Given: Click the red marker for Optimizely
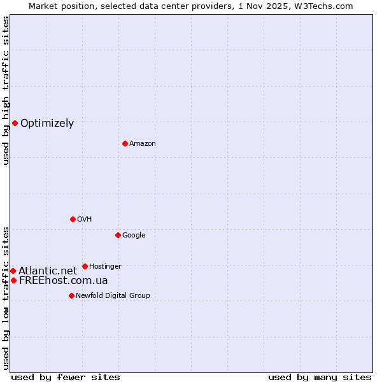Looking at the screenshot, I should [x=15, y=123].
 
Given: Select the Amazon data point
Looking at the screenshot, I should [x=125, y=143].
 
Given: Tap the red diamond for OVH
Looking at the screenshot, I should [x=73, y=219].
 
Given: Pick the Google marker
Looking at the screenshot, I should [x=118, y=235].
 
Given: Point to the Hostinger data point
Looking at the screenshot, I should [x=85, y=266].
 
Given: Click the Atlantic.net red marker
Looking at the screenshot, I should [x=13, y=271].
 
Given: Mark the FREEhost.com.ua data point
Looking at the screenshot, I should [x=13, y=280].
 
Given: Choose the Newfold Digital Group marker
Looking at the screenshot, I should [x=71, y=295].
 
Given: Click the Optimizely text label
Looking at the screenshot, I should [x=47, y=124].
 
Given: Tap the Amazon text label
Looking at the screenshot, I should [x=143, y=144].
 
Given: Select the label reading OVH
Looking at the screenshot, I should [x=85, y=220].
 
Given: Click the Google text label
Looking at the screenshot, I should [x=134, y=236].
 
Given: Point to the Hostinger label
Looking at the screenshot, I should [x=105, y=267].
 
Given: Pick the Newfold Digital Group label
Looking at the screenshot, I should [x=113, y=296].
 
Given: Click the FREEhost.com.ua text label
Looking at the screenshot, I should [x=63, y=281].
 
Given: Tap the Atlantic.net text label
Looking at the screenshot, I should [x=48, y=271].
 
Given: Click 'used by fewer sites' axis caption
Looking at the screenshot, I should [x=66, y=378].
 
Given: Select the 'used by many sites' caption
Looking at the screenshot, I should [x=320, y=378].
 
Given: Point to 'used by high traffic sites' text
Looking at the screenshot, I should [x=6, y=90].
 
